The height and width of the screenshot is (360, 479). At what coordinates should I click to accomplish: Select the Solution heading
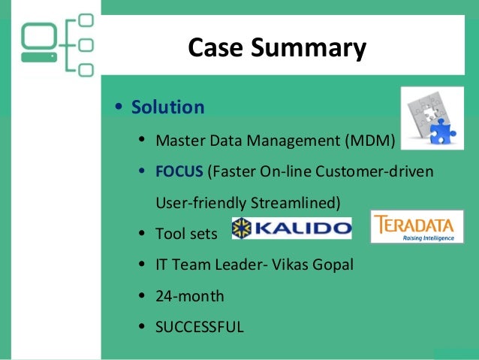[167, 107]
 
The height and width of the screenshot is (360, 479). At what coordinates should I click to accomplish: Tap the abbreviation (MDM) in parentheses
[369, 141]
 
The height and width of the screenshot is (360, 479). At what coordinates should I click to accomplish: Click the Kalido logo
[291, 228]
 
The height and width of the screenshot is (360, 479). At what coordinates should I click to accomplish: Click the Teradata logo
[417, 227]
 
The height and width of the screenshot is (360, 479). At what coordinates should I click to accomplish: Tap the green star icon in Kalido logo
[244, 228]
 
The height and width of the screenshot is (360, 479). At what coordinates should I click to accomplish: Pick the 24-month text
[190, 296]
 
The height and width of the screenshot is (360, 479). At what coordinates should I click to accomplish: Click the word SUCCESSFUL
[200, 327]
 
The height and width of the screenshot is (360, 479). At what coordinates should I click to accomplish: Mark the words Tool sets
[186, 234]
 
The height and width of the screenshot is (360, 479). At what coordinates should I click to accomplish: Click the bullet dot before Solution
[119, 108]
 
